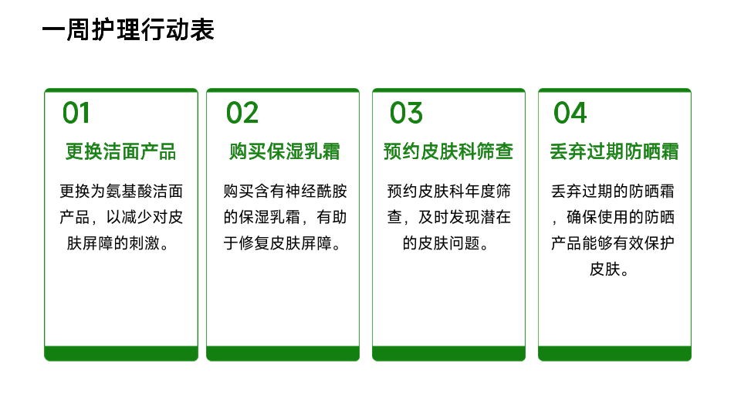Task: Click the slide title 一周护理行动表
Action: (128, 30)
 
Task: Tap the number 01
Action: (76, 114)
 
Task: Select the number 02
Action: (242, 114)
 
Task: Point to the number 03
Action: (406, 114)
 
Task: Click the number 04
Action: (570, 114)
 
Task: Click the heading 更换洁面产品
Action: (121, 152)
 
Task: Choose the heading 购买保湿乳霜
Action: (285, 152)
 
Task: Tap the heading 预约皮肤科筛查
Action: (448, 152)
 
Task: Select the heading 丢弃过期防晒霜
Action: (614, 152)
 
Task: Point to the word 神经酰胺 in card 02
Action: (316, 192)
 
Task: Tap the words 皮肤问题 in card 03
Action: (449, 243)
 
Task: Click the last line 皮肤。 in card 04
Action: (610, 270)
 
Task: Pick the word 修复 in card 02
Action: (254, 243)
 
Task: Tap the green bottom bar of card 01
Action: (121, 353)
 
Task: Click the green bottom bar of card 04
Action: (615, 353)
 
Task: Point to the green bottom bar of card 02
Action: (283, 353)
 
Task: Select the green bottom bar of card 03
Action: (449, 353)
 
